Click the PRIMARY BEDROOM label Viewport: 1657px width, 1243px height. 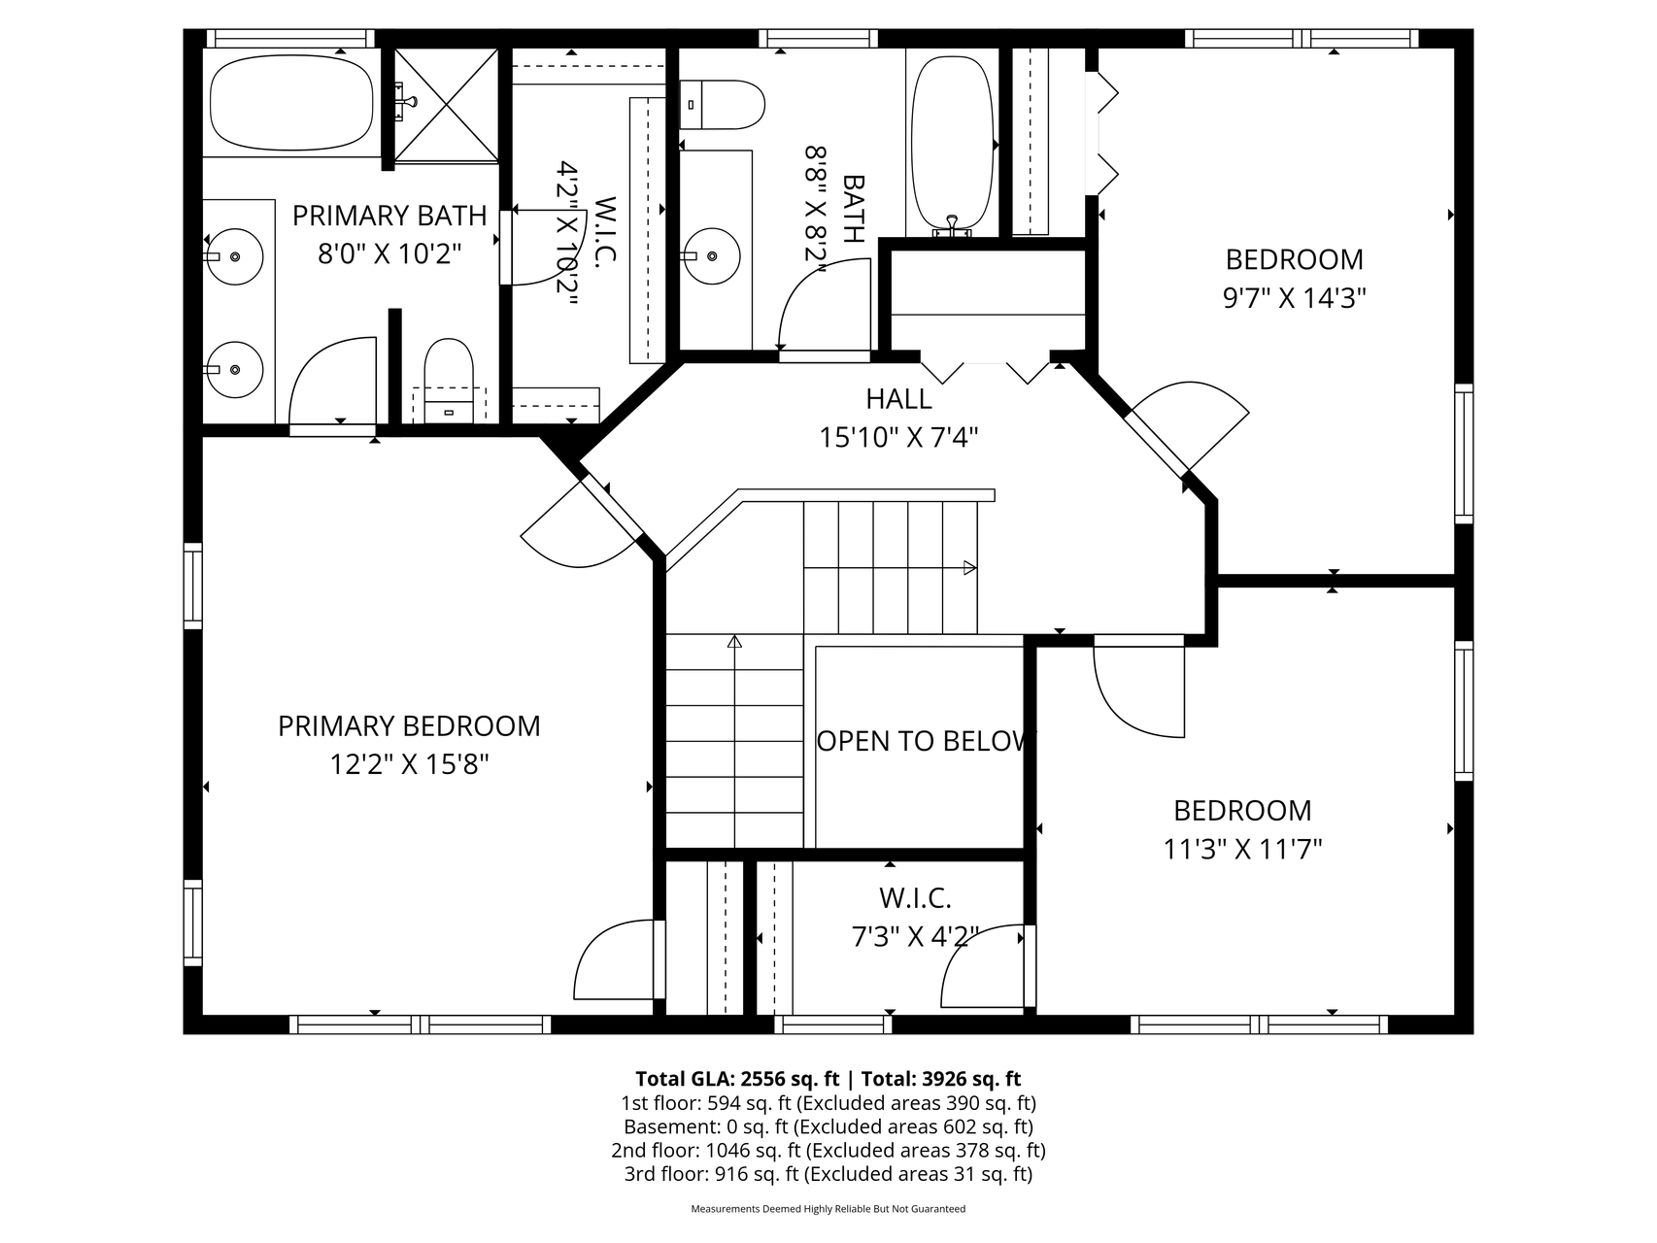point(409,726)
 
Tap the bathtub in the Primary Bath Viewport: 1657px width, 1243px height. point(292,102)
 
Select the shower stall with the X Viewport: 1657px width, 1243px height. point(446,103)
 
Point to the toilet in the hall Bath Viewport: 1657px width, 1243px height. point(723,105)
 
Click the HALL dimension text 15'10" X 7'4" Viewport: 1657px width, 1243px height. point(897,438)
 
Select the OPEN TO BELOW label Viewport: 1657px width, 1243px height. point(921,742)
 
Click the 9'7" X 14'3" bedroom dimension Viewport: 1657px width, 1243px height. point(1294,298)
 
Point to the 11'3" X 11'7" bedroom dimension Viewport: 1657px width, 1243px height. point(1242,851)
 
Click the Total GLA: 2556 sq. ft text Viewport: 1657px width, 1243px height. point(734,1079)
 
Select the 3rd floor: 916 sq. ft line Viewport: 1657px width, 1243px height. point(828,1174)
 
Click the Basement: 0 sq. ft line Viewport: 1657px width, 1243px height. point(828,1126)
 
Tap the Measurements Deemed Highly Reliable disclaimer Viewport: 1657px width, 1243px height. point(828,1209)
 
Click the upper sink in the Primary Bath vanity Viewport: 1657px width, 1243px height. point(236,256)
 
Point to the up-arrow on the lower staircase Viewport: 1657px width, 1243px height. point(734,642)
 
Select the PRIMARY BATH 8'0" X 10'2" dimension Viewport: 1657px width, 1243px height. point(389,254)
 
